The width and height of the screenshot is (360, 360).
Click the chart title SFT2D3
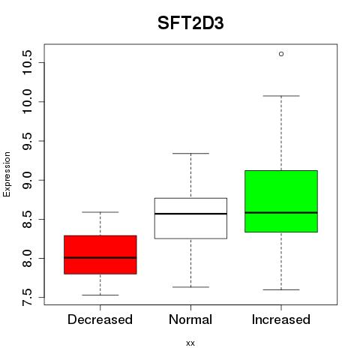tap(190, 23)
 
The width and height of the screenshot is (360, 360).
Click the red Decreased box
tap(100, 255)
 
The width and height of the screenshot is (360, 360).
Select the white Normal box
tap(190, 218)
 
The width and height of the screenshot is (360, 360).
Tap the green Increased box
tap(281, 201)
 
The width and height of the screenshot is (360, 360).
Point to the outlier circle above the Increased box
tap(281, 54)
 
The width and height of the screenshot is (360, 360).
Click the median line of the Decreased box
tap(100, 257)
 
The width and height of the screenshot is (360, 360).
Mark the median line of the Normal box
tap(190, 214)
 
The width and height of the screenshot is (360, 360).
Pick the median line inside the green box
tap(281, 213)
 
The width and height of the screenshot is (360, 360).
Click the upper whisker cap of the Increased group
tap(281, 96)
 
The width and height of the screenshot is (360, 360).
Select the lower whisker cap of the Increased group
tap(281, 289)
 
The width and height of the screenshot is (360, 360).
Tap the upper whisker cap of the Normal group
tap(190, 153)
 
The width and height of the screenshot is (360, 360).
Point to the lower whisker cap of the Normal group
tap(190, 287)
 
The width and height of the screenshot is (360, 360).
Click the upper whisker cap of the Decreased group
tap(100, 212)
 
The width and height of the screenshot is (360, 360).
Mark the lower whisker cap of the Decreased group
tap(100, 295)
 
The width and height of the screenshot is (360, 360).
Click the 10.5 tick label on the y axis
tap(27, 62)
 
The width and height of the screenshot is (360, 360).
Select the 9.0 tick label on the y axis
tap(27, 180)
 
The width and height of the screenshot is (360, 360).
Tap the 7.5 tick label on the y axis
tap(27, 298)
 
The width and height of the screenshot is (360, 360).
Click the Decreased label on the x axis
tap(100, 319)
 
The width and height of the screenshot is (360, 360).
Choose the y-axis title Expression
tap(7, 174)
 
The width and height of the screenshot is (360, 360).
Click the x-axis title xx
tap(190, 343)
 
